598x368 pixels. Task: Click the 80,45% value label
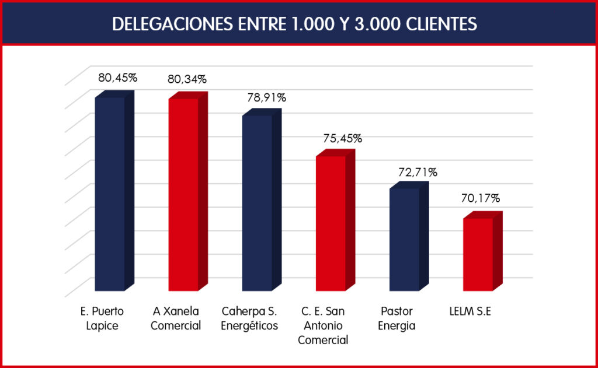[117, 78]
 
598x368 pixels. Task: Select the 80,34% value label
[187, 79]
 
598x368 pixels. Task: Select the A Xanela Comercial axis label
[176, 318]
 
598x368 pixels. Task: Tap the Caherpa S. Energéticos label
[249, 318]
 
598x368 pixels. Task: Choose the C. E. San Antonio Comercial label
[323, 325]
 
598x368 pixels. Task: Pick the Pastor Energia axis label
[397, 318]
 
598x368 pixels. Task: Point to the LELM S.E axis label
[471, 311]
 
